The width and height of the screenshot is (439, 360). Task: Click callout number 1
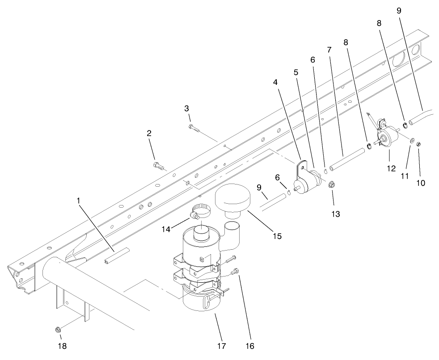[79, 201]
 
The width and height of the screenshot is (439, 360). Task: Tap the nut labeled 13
[332, 184]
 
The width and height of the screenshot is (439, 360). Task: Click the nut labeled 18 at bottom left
[58, 330]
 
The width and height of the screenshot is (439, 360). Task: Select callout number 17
[221, 346]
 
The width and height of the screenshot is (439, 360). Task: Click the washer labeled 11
[411, 141]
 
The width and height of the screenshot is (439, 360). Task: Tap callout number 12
[391, 168]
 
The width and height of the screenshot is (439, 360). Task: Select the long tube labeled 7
[346, 160]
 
